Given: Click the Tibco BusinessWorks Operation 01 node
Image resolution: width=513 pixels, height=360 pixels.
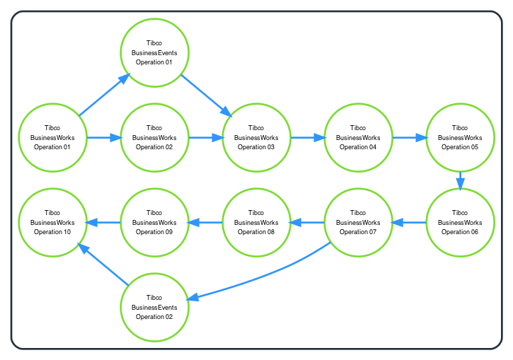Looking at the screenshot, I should [52, 138].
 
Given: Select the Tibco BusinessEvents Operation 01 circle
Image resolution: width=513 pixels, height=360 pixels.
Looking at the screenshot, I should [154, 53].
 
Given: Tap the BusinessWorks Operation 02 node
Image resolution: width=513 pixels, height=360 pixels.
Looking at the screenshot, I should [154, 138].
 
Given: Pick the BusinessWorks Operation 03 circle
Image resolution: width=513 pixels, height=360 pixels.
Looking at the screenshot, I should [256, 138].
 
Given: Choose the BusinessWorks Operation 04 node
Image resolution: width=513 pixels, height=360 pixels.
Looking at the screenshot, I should [358, 138].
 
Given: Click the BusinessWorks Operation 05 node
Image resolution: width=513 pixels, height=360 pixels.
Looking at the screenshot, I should [460, 138].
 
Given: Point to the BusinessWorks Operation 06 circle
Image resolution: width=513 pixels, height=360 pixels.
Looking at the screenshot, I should [460, 222].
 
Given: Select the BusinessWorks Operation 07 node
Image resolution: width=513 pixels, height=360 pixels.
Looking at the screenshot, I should [358, 222].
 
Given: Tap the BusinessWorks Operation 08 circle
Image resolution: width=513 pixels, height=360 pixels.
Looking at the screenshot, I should [256, 222].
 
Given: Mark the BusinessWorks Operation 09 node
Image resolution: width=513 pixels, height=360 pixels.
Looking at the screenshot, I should [154, 222].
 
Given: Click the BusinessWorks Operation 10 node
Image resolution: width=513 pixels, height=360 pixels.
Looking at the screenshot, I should [52, 222].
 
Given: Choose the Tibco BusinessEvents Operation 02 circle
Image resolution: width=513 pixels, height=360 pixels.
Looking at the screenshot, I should [154, 307].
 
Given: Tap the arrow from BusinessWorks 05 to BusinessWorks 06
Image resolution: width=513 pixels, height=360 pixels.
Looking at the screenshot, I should [460, 180].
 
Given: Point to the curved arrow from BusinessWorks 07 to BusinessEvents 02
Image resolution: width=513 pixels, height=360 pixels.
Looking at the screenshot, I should [269, 278].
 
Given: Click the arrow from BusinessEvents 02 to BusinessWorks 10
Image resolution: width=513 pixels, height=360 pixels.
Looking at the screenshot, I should [103, 265].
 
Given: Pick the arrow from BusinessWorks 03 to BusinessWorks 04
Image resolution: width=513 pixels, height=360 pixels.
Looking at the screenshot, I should [307, 138].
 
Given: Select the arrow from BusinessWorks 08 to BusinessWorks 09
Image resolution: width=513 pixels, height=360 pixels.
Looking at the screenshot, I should [205, 222].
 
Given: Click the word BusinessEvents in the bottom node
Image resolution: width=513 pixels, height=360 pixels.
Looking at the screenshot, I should [154, 307].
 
